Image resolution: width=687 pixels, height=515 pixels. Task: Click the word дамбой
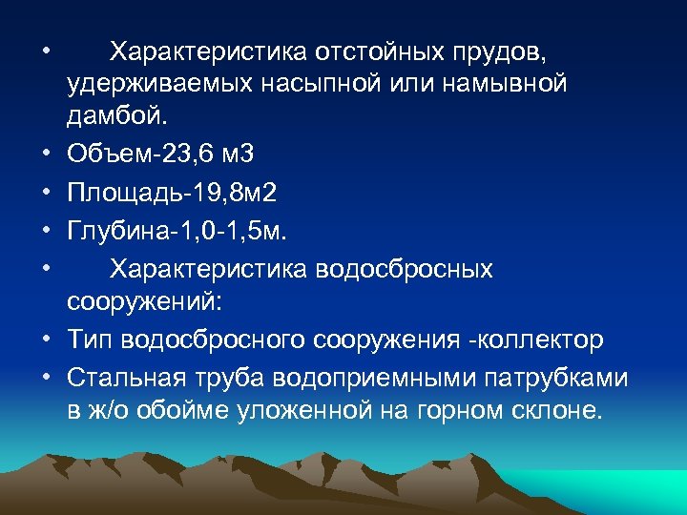(x=114, y=117)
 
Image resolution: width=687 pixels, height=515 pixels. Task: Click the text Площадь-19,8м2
(x=172, y=194)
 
